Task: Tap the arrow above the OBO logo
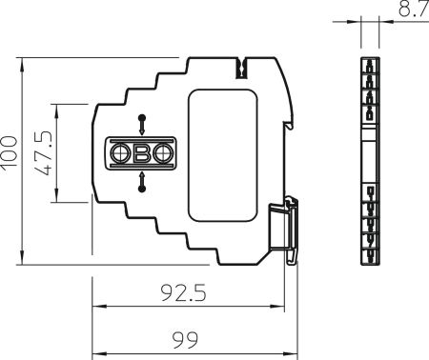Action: point(142,125)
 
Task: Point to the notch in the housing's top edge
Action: point(240,68)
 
